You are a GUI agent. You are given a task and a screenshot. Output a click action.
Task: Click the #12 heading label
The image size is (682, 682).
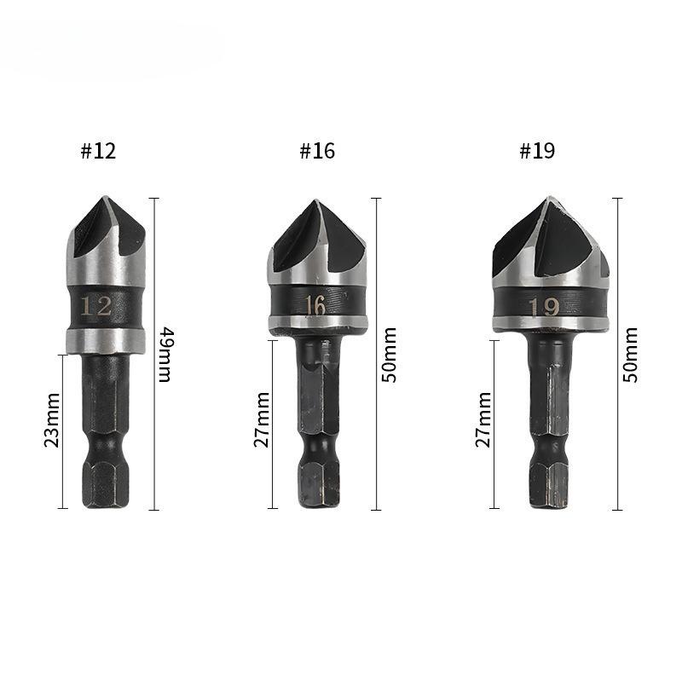(98, 152)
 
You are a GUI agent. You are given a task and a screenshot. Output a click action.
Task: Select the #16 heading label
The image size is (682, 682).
(317, 152)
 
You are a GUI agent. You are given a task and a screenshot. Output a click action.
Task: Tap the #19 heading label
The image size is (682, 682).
(537, 152)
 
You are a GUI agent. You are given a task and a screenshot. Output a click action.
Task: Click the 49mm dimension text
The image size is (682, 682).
(165, 353)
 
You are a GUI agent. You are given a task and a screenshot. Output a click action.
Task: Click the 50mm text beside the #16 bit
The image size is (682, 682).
(390, 353)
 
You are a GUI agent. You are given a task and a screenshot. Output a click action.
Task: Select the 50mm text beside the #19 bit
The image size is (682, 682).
(631, 353)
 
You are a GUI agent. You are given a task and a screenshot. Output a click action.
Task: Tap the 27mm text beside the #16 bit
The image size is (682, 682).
(262, 419)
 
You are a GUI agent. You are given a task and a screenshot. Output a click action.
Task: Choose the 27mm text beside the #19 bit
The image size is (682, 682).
(483, 419)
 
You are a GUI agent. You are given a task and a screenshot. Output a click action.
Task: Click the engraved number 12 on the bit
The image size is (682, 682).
(96, 306)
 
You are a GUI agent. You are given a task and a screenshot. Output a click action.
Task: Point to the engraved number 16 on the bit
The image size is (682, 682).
(315, 305)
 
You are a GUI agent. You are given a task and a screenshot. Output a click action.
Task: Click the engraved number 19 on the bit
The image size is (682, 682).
(544, 306)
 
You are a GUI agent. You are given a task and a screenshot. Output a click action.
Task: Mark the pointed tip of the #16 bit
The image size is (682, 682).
(316, 202)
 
